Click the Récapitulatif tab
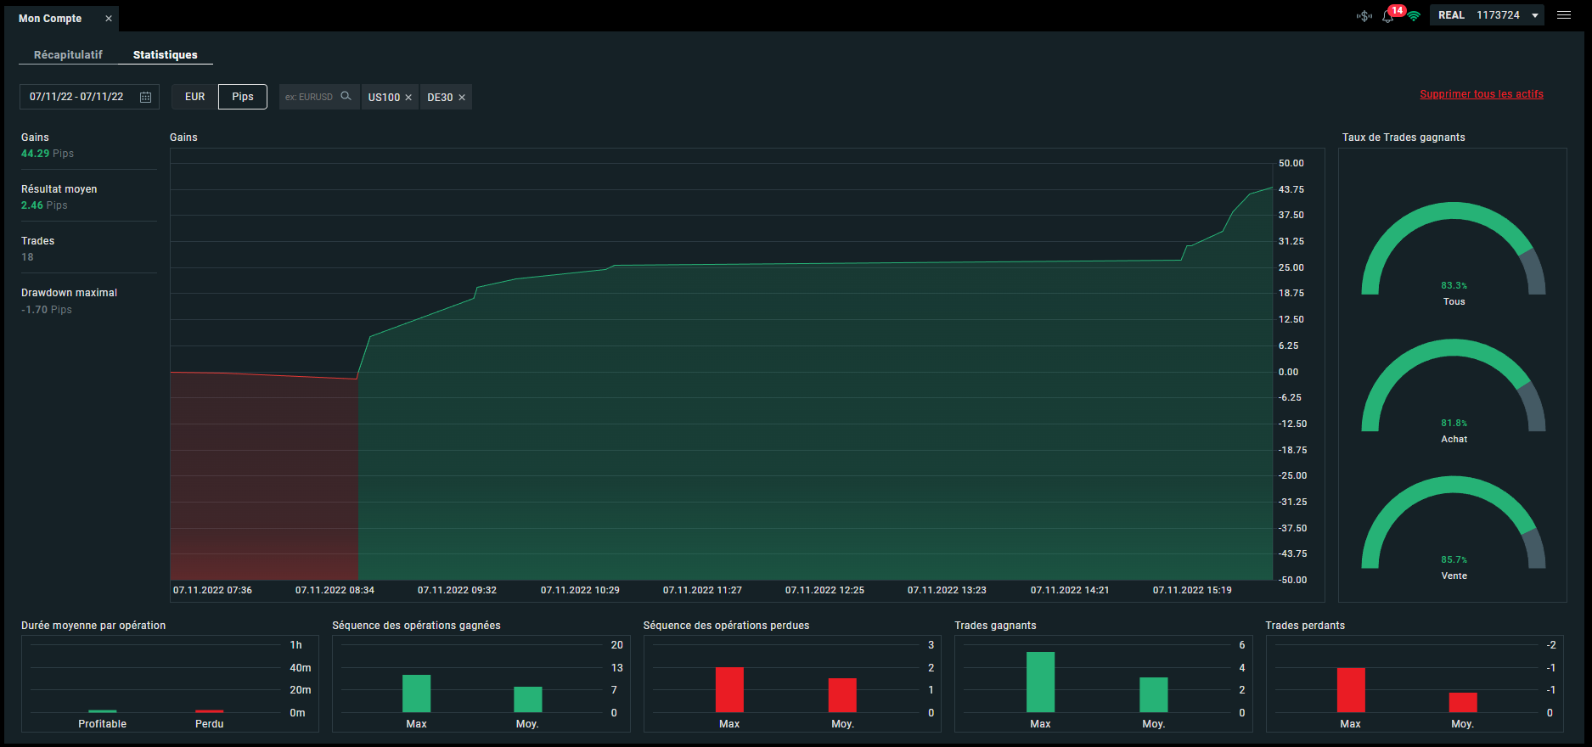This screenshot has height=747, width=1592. pos(68,54)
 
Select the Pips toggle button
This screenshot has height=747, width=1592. pos(243,97)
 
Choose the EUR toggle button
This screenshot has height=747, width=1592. pos(195,97)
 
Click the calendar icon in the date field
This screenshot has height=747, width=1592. pos(145,97)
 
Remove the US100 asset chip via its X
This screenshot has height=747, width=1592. pos(408,98)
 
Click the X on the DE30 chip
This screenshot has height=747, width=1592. pos(462,98)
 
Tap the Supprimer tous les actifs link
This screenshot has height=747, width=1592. pos(1482,94)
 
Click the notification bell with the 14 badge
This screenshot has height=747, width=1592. pos(1389,15)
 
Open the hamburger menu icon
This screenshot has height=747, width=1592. pos(1564,15)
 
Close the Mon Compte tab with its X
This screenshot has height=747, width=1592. pos(109,18)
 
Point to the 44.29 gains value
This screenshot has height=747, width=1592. pos(35,154)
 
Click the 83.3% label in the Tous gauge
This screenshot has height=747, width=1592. pos(1454,285)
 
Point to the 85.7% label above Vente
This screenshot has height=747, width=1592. pos(1454,559)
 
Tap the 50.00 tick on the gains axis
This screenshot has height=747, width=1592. pos(1291,163)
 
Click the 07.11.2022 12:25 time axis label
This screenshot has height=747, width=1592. pos(824,590)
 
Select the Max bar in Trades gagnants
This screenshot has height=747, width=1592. pos(1040,682)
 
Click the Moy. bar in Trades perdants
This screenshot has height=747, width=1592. pos(1463,703)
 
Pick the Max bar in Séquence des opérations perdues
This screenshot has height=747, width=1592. pos(729,689)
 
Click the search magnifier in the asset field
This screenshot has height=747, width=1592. pos(346,96)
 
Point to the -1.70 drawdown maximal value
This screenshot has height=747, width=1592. pos(35,310)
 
